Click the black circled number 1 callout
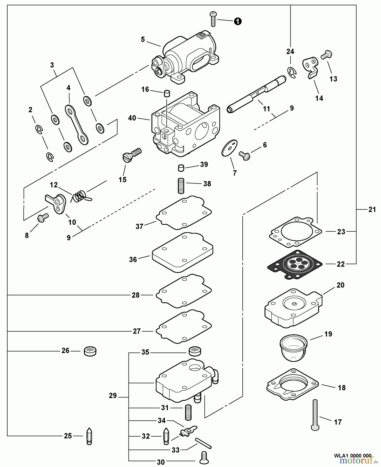(238, 21)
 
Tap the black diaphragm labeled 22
(295, 265)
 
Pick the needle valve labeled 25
(89, 436)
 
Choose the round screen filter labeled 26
(90, 351)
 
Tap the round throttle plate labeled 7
(230, 148)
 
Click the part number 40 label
(132, 118)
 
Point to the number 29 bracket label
(113, 396)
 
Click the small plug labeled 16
(167, 93)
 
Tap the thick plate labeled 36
(182, 252)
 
